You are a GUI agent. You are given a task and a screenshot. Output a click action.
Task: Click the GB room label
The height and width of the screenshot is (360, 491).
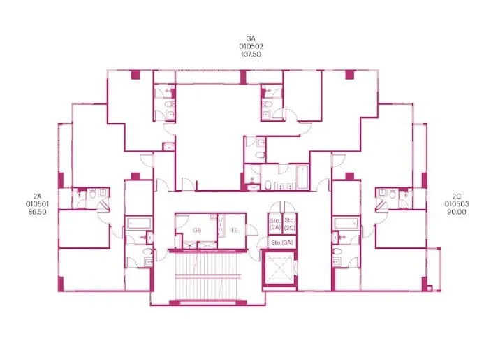click(x=197, y=230)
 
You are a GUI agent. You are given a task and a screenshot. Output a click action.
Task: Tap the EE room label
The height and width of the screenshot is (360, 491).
click(x=234, y=230)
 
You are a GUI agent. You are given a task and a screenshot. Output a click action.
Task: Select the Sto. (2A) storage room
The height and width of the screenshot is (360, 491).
click(x=275, y=224)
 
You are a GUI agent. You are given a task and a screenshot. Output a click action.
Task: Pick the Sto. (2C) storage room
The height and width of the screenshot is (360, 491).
click(x=290, y=224)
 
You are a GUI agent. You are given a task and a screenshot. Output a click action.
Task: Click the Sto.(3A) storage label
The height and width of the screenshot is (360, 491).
click(x=282, y=243)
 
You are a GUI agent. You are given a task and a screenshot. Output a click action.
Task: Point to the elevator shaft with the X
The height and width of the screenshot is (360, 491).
click(x=279, y=267)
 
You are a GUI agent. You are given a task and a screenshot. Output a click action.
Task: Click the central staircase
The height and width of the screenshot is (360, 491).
click(x=207, y=276)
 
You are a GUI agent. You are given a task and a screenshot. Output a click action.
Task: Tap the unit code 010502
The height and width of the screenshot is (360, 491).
click(x=251, y=46)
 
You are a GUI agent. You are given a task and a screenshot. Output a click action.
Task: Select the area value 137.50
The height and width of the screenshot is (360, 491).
click(x=251, y=54)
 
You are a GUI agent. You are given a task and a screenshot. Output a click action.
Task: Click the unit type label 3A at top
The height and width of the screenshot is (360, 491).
click(x=251, y=38)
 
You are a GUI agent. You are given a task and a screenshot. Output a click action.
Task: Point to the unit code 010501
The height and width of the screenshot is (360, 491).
click(x=37, y=204)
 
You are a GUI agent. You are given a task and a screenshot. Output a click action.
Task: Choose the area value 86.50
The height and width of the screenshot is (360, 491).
click(x=37, y=212)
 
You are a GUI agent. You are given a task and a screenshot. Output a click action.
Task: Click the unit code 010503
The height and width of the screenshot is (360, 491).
click(x=457, y=204)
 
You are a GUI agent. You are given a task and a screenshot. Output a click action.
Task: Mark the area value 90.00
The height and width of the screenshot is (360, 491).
click(x=457, y=212)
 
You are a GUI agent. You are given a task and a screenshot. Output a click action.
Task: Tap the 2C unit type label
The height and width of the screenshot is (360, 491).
click(x=457, y=196)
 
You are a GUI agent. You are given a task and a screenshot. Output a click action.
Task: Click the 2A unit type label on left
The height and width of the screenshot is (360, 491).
click(x=37, y=196)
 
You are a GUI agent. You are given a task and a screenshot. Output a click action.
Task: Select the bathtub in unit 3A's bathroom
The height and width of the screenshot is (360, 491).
click(x=302, y=177)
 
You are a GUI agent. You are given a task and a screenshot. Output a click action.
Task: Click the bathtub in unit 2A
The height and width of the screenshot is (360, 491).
click(x=140, y=224)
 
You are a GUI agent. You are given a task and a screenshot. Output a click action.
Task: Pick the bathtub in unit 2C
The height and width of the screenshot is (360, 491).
click(x=346, y=224)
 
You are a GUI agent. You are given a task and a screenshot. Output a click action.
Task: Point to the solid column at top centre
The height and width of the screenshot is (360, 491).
click(x=243, y=77)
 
